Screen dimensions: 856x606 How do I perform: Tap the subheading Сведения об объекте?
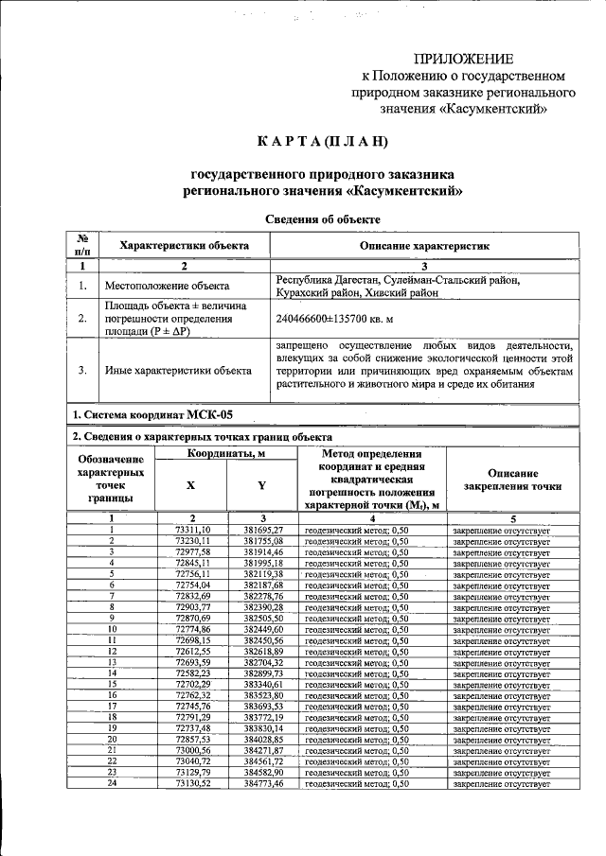click(322, 218)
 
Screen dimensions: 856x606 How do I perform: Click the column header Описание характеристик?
click(423, 245)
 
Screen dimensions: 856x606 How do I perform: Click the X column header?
click(191, 484)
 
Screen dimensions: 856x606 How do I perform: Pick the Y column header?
click(262, 484)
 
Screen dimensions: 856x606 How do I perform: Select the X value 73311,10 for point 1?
click(193, 530)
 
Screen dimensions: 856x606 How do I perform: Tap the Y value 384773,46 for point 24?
click(263, 784)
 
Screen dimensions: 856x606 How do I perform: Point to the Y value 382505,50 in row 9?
click(263, 618)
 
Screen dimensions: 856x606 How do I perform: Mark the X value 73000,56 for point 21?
click(193, 750)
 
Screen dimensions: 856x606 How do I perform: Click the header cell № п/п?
click(83, 245)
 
